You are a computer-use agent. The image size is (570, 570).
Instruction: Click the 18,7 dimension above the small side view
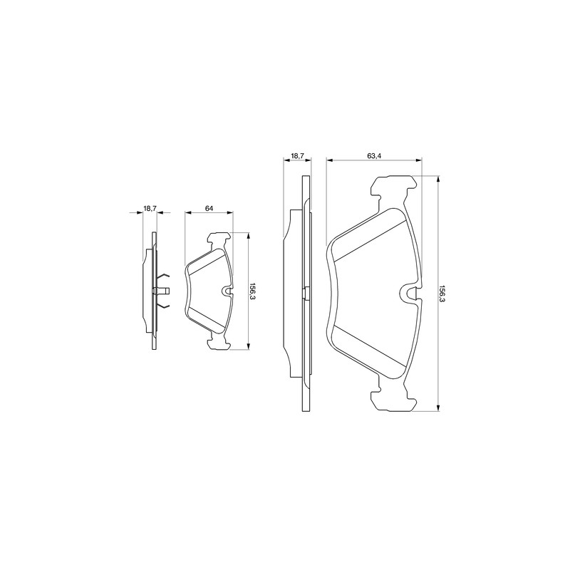click(x=150, y=208)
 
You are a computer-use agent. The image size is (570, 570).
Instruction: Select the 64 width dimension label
click(x=209, y=208)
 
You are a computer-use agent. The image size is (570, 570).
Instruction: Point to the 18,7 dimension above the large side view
click(x=297, y=155)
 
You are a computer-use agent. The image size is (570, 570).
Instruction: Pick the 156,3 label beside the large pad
click(x=442, y=294)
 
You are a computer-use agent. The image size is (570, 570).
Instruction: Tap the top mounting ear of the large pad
click(x=393, y=186)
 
